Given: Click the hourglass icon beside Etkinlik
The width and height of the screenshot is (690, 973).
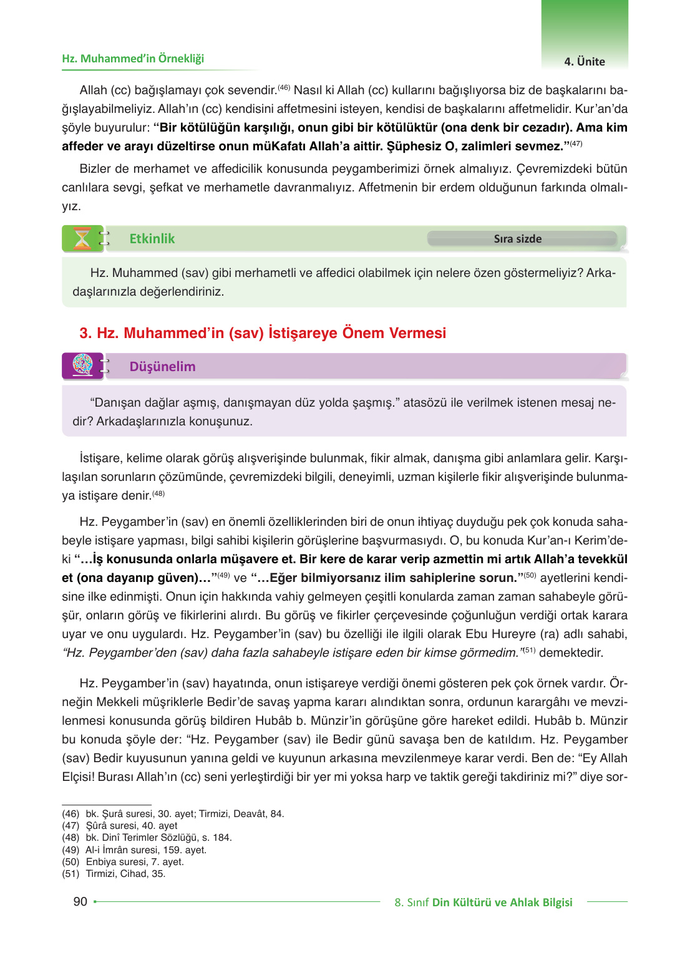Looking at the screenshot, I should click(x=82, y=239).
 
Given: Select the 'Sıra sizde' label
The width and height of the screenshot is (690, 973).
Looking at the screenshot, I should click(x=517, y=239).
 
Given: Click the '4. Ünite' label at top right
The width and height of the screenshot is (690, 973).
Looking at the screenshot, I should click(x=584, y=62).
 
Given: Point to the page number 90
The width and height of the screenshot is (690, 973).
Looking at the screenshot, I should click(x=80, y=901).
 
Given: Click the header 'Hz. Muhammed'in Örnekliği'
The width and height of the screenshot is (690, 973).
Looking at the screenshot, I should click(x=133, y=59).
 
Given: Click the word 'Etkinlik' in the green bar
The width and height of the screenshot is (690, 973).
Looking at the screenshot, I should click(x=152, y=239).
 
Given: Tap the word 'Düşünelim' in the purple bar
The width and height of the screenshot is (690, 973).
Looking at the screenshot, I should click(x=162, y=367).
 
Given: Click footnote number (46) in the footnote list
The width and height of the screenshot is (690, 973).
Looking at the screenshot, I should click(x=70, y=814).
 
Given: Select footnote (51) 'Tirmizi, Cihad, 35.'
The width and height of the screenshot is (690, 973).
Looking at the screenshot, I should click(x=125, y=874).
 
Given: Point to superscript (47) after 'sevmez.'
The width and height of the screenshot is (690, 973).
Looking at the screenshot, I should click(x=576, y=144).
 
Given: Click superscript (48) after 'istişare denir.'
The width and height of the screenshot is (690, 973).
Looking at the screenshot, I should click(x=158, y=494).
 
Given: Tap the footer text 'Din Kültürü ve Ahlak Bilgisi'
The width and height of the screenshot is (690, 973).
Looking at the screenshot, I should click(x=502, y=903).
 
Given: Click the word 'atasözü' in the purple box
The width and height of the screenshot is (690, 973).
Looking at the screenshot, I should click(x=424, y=403).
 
